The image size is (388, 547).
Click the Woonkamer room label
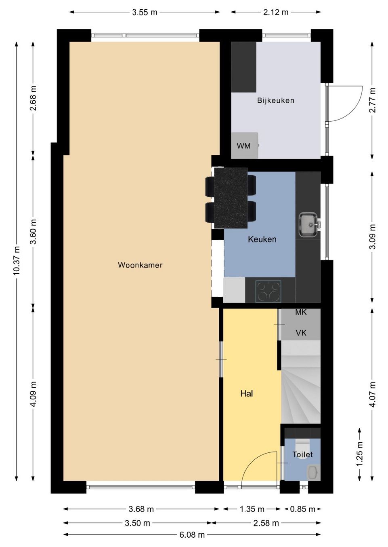coord(140,265)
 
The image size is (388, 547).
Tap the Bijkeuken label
coord(276,100)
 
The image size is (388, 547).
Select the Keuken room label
coord(262,239)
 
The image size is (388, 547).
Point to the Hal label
coord(247,393)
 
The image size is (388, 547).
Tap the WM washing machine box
coord(245,146)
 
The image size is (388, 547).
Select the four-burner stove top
coord(268,291)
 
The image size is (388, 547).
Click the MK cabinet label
coord(301,313)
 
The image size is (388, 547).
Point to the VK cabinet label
coord(301,333)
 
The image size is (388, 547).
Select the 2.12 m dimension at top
coord(276,12)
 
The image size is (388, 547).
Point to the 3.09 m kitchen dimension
coord(372,237)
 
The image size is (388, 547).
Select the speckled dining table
coord(231,198)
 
